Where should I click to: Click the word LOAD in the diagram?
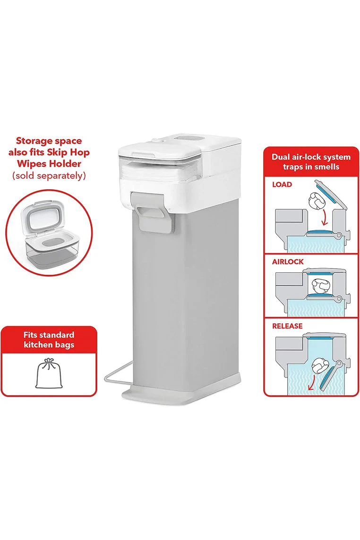(x=282, y=184)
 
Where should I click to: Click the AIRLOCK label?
(x=288, y=262)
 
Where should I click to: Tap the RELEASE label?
(x=287, y=326)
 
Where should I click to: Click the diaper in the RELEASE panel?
(x=320, y=366)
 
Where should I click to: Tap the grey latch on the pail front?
(x=150, y=211)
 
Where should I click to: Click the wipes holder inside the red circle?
(x=49, y=233)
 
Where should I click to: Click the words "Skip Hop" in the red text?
(x=69, y=152)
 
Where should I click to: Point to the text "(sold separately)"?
(x=49, y=176)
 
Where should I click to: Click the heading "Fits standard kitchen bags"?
(x=49, y=339)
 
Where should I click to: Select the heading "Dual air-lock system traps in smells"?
(x=311, y=162)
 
